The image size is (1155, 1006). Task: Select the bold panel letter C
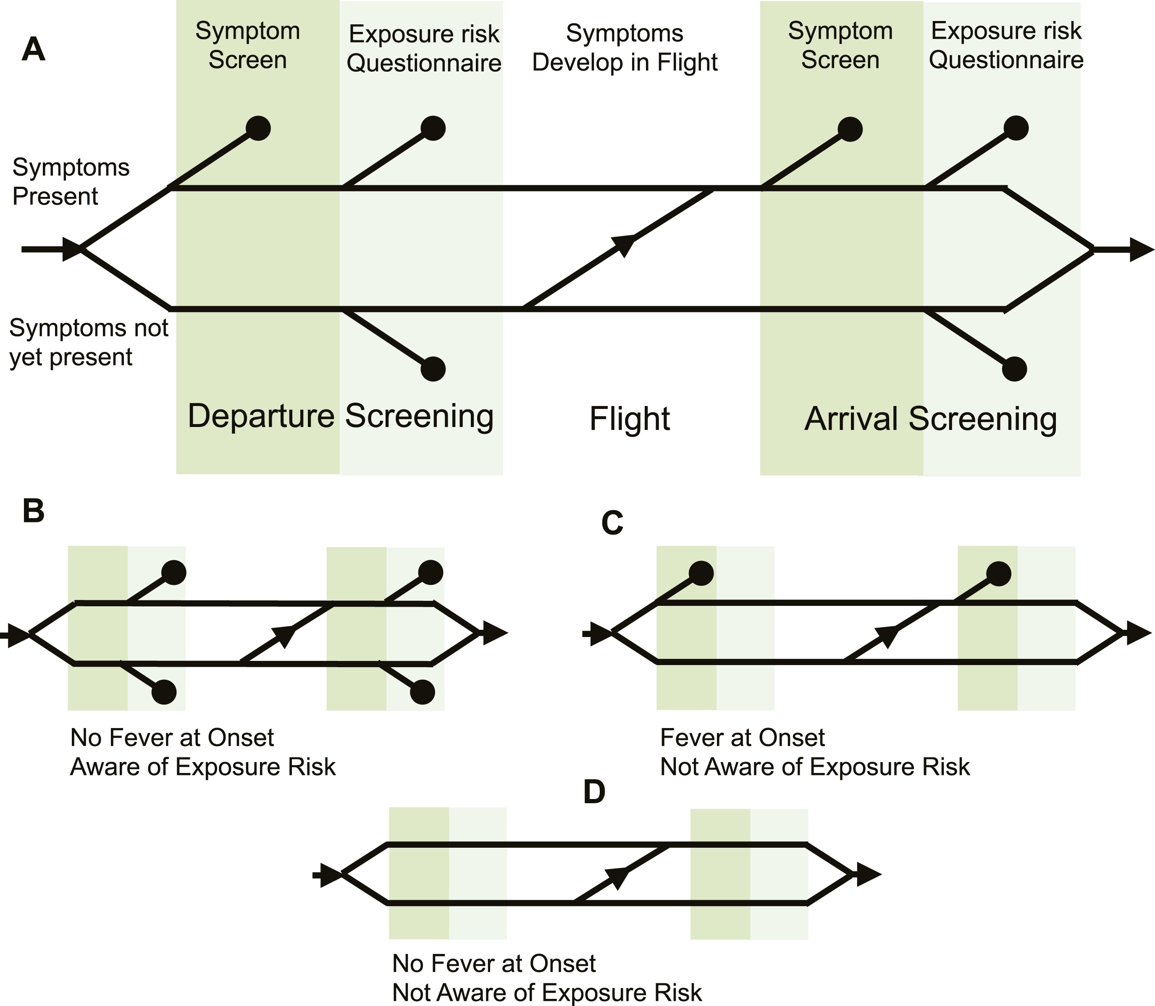(612, 523)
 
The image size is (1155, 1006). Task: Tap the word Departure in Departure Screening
(260, 416)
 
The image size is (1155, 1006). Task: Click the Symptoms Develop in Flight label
(625, 48)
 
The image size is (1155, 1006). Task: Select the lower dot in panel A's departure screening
(433, 369)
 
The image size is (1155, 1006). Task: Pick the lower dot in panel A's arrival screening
(1014, 369)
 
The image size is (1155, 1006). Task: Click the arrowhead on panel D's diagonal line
(618, 876)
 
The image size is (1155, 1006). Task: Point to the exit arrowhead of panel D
(868, 874)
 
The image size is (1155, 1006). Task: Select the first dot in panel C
(701, 573)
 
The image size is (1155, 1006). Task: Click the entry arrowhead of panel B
(18, 636)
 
